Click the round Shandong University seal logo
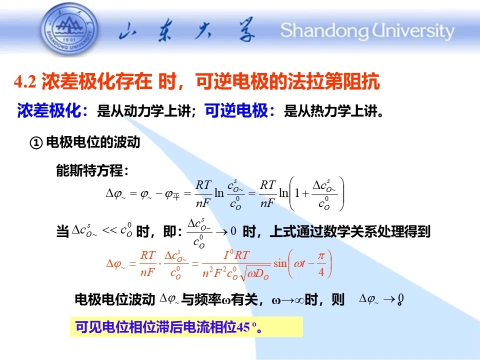pyautogui.click(x=69, y=29)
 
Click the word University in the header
pyautogui.click(x=413, y=31)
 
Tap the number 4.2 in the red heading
pyautogui.click(x=25, y=82)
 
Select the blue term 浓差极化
pyautogui.click(x=49, y=110)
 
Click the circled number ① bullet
pyautogui.click(x=36, y=142)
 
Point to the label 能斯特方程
pyautogui.click(x=89, y=170)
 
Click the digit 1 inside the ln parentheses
pyautogui.click(x=297, y=193)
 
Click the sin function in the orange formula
pyautogui.click(x=280, y=263)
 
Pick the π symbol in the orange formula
pyautogui.click(x=321, y=255)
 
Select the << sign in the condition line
pyautogui.click(x=109, y=230)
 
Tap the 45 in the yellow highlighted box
pyautogui.click(x=243, y=327)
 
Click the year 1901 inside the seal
pyautogui.click(x=69, y=39)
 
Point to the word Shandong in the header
pyautogui.click(x=325, y=31)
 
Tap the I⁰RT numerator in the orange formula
pyautogui.click(x=236, y=255)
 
